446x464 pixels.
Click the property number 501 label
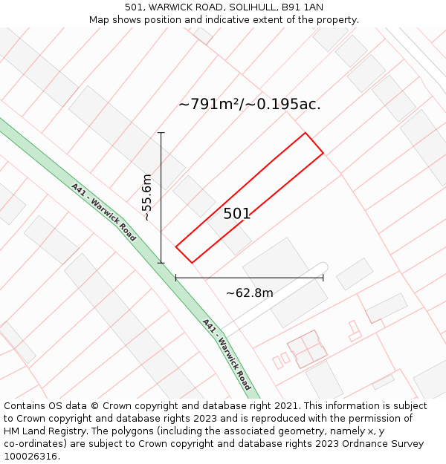[x=237, y=214]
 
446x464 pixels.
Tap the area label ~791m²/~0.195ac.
[x=250, y=104]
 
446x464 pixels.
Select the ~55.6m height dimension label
[x=146, y=197]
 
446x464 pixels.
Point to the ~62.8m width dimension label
[x=250, y=293]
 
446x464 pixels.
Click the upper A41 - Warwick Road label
[x=104, y=212]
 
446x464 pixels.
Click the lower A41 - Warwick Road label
[x=227, y=355]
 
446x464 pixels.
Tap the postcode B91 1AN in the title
[x=303, y=7]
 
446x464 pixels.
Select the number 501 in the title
[x=134, y=7]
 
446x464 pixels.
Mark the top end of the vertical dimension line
[x=161, y=133]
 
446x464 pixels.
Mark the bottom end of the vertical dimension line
[x=161, y=262]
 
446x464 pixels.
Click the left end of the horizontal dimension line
[x=176, y=278]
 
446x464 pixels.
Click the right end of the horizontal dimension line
[x=323, y=278]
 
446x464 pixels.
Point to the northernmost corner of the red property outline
[x=306, y=133]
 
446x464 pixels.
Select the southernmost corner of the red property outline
[x=193, y=262]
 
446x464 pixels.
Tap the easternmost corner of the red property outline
[x=323, y=153]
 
